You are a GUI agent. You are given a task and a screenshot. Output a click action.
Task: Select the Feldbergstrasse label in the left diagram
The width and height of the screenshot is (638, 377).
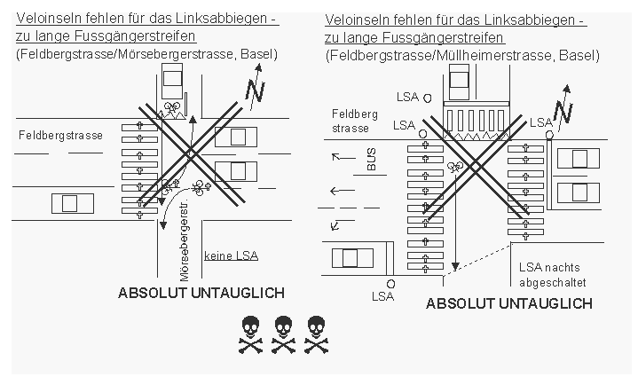(x=59, y=135)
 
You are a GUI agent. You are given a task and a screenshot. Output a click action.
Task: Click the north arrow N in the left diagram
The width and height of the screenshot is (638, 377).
(x=256, y=90)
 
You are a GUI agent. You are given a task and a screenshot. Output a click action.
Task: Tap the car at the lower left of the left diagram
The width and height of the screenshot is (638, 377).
(x=71, y=202)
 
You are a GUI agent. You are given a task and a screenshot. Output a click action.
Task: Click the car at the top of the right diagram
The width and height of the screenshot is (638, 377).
(x=460, y=86)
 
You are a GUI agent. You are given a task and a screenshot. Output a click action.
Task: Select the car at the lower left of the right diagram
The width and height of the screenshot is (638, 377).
(x=351, y=257)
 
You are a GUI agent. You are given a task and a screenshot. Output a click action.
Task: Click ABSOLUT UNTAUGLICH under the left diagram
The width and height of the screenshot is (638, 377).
(x=201, y=293)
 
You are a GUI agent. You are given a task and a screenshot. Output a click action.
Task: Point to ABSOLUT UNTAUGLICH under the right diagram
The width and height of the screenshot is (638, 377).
(x=509, y=303)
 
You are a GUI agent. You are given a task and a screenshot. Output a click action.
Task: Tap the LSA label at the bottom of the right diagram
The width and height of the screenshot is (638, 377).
(x=382, y=295)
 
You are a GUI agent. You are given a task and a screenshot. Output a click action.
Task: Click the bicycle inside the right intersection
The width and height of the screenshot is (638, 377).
(x=458, y=166)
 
